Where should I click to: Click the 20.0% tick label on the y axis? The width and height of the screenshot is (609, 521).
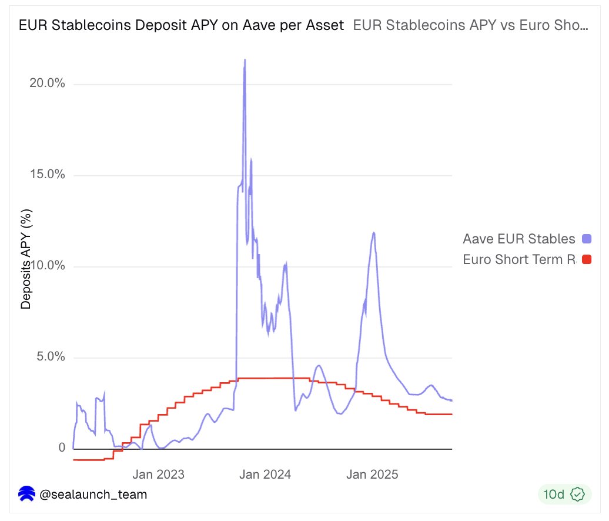point(46,84)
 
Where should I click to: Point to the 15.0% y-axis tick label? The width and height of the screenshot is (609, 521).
point(46,175)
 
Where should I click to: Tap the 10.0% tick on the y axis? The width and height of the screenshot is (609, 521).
point(46,266)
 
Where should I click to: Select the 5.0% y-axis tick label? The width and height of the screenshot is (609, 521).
point(49,357)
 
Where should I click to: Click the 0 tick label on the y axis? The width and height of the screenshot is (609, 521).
point(61,448)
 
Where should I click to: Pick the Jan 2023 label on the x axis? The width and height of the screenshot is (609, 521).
point(158,474)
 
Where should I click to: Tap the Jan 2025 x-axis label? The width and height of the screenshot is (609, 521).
point(372,474)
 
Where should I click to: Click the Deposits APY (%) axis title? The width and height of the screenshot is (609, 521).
point(26,259)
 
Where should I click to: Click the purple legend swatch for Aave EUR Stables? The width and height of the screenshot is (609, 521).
point(586,239)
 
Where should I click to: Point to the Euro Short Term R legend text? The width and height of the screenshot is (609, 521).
point(518,259)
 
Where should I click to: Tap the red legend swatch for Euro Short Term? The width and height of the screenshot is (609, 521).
point(586,259)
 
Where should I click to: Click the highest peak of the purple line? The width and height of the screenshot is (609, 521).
point(245,60)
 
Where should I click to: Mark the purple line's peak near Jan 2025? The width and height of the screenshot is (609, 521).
point(373,233)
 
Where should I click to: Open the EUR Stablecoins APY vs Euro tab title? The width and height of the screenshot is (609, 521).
point(470,25)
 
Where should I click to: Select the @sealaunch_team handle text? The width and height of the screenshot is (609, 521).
point(93,495)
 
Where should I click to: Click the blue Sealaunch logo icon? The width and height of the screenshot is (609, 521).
point(26,495)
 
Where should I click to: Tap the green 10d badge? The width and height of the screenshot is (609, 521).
point(564,495)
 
